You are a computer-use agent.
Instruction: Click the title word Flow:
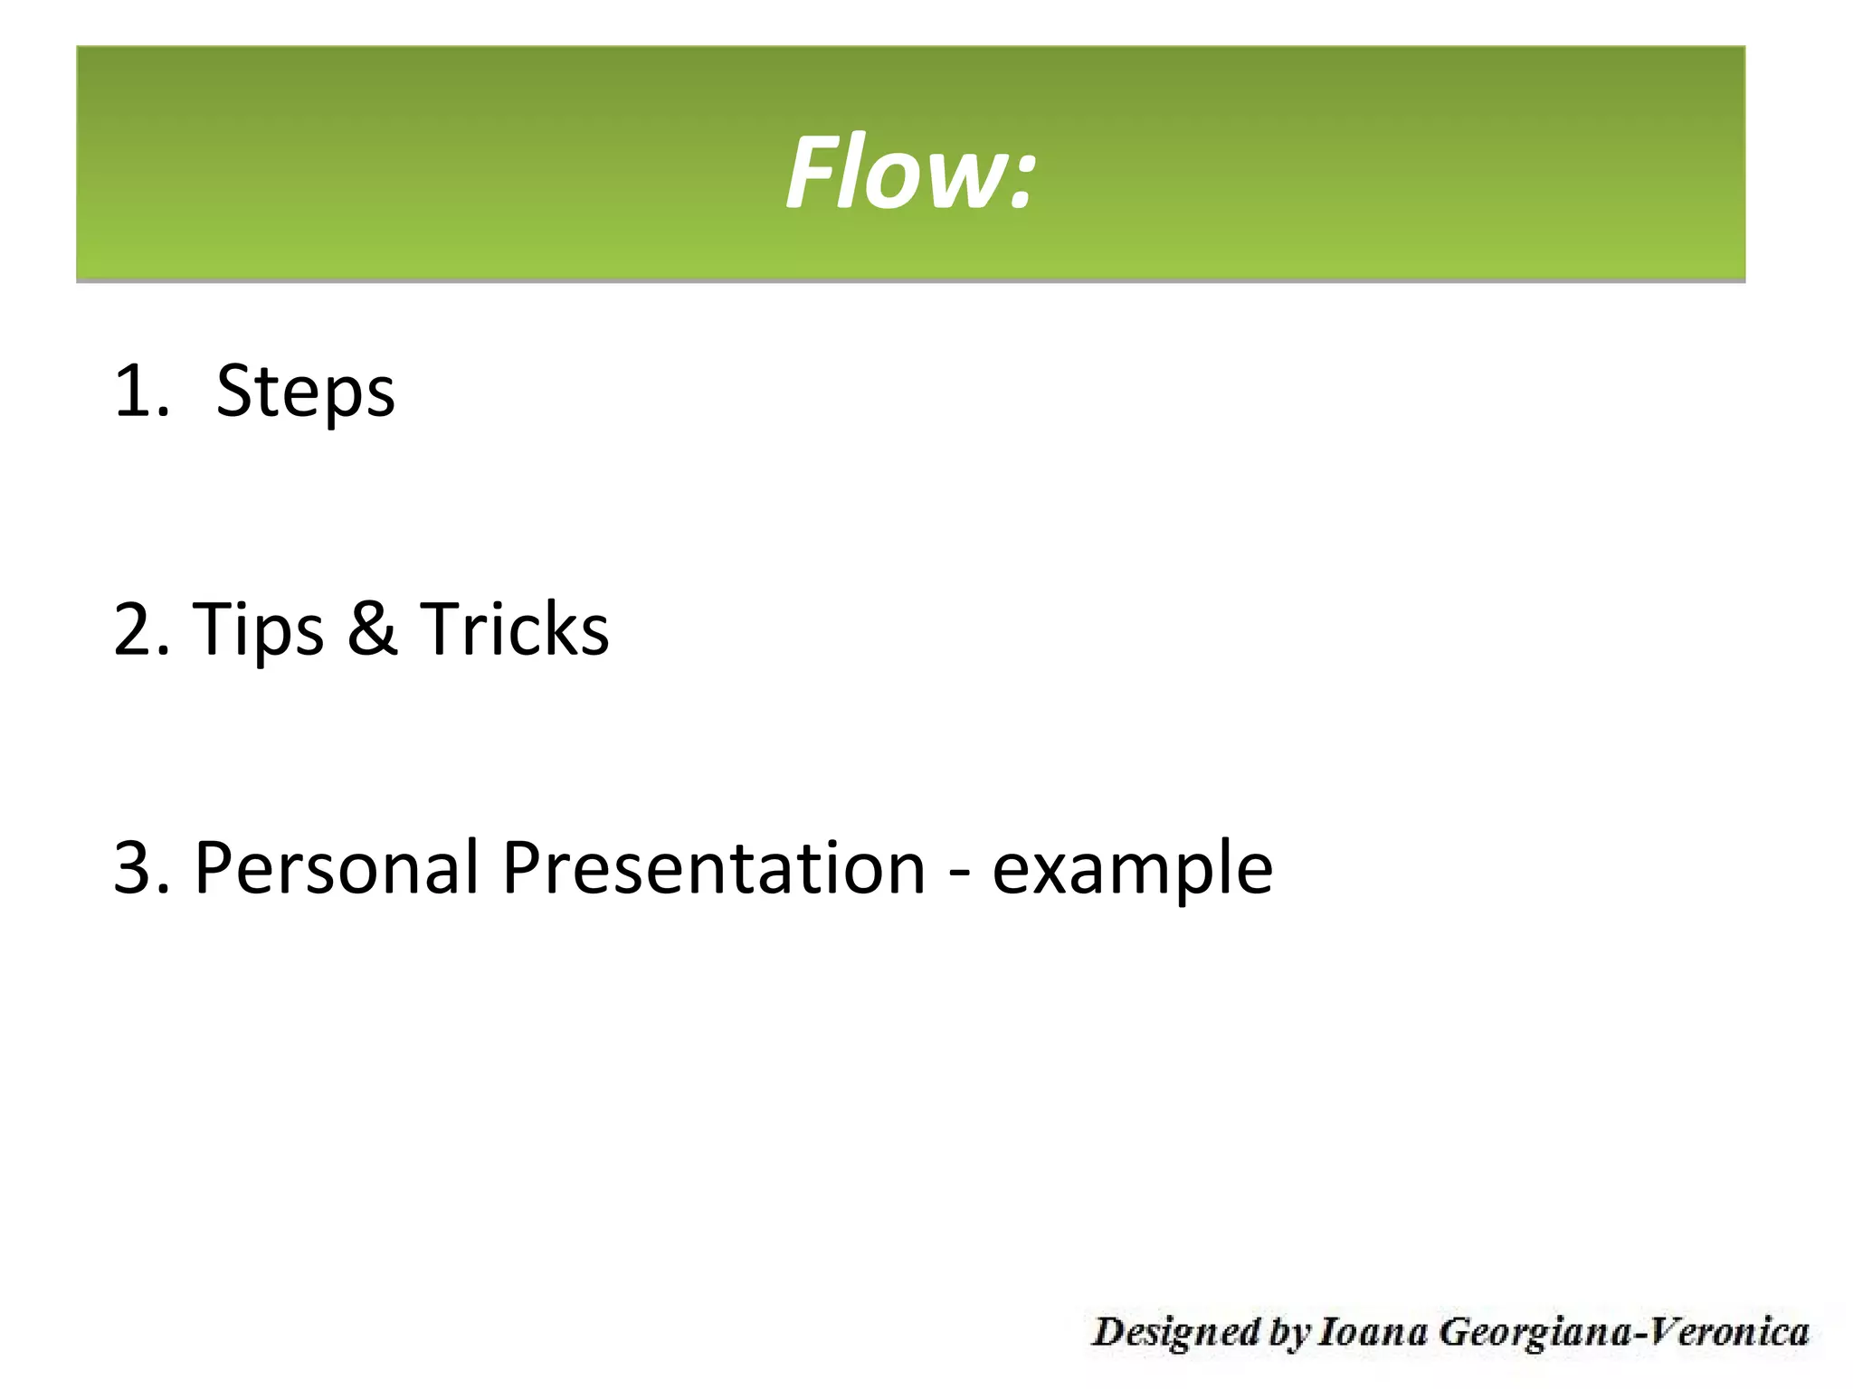pos(909,172)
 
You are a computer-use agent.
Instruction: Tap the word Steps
pos(306,391)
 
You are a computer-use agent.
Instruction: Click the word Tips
pos(258,630)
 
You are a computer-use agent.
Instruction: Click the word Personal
pos(336,867)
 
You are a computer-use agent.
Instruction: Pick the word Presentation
pos(714,867)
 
